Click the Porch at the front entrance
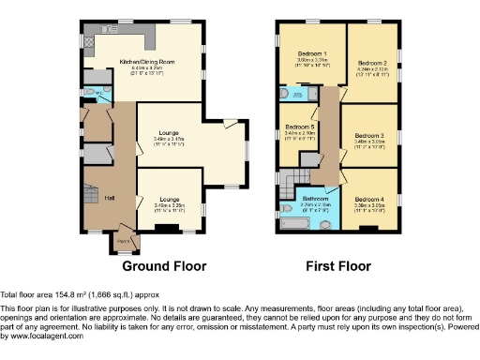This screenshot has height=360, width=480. point(123,240)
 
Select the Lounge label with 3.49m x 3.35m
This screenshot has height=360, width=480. point(169,199)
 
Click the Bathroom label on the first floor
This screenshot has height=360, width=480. point(314,199)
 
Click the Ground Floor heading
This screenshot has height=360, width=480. point(157,266)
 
